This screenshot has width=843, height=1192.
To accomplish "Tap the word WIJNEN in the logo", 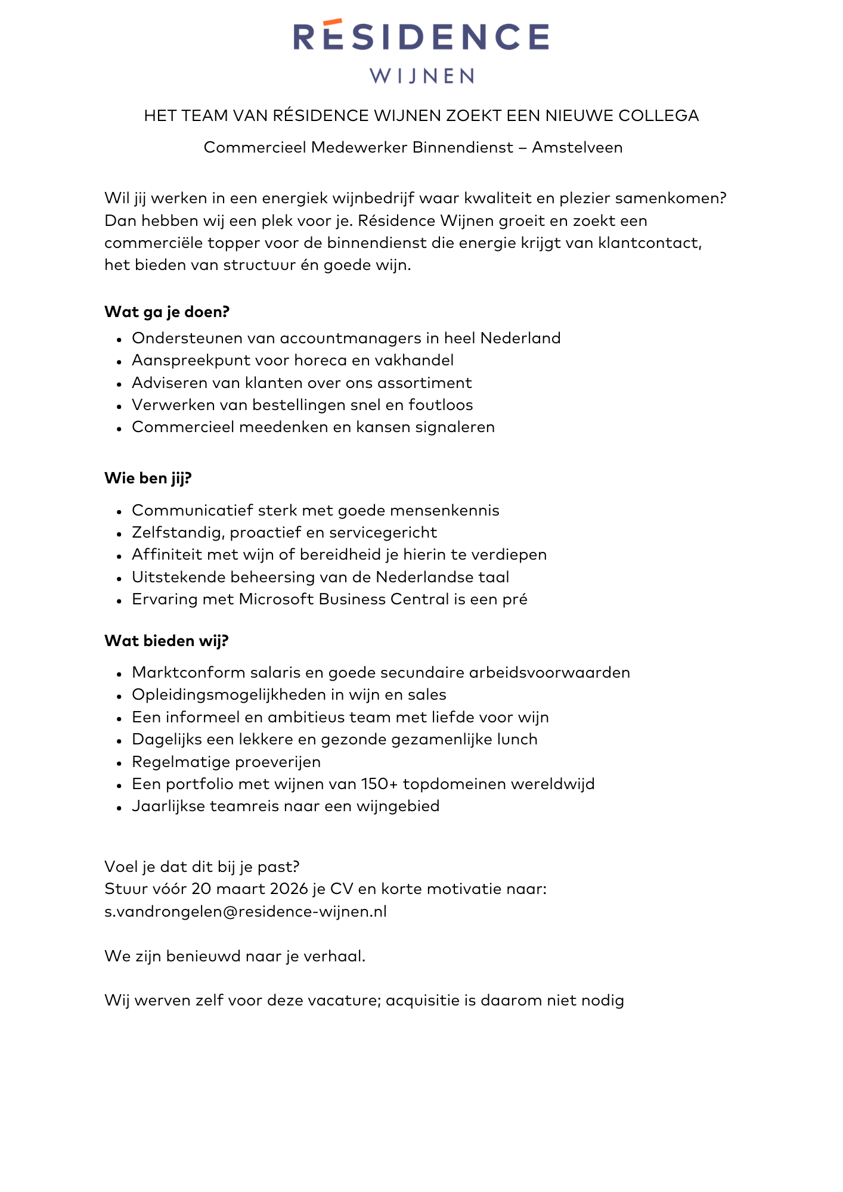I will [421, 76].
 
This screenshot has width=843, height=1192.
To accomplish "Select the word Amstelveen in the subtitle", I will [577, 147].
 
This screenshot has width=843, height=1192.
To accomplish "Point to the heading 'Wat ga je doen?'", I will [167, 312].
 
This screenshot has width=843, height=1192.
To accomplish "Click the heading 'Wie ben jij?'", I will [148, 478].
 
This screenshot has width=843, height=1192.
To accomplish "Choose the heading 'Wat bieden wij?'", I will [166, 641].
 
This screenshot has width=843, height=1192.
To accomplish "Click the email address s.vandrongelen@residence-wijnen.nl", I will [246, 911].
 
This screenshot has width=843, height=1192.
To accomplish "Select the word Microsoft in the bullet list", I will [277, 599].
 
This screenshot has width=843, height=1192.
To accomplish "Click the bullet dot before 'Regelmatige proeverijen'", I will [119, 763].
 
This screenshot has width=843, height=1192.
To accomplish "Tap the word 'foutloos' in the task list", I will [441, 405].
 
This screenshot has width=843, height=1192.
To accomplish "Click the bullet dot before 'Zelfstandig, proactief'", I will [119, 534].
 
